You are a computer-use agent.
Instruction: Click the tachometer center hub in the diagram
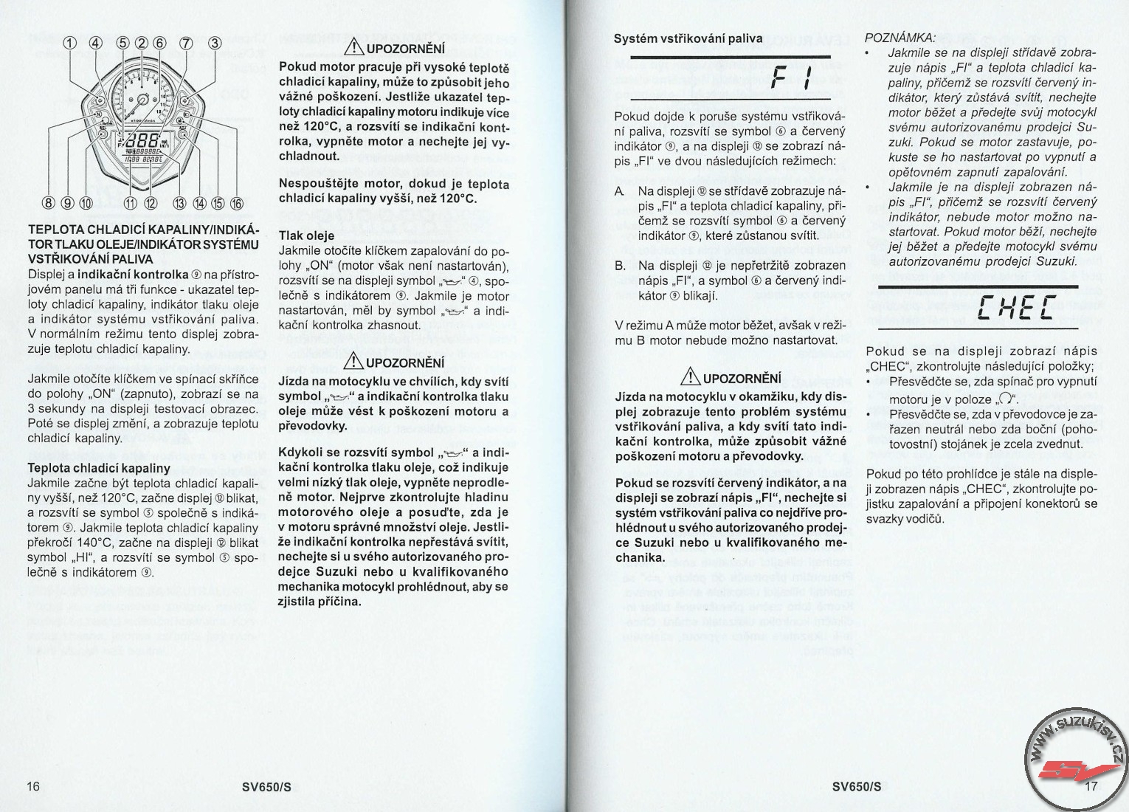click(x=141, y=97)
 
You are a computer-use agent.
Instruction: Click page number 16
click(x=33, y=786)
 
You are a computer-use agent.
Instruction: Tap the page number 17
click(x=1093, y=786)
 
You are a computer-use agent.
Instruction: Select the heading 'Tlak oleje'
click(x=306, y=235)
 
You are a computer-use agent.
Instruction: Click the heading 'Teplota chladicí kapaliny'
click(x=99, y=468)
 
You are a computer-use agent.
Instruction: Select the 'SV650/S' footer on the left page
click(x=267, y=786)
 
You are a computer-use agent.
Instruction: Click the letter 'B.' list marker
click(x=621, y=265)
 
